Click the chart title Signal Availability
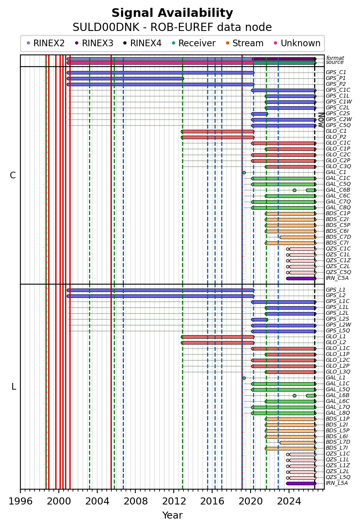point(172,13)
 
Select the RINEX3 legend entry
point(94,43)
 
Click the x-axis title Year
point(172,515)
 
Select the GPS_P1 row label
point(335,78)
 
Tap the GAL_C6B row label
point(338,190)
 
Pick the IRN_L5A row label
point(337,483)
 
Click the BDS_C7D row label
point(338,237)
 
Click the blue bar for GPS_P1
point(125,78)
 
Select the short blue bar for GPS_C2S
point(260,114)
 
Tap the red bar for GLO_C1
point(218,132)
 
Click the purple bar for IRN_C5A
point(301,278)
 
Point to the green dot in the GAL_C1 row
point(244,172)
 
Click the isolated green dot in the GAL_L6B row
point(295,396)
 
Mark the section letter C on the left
point(13,175)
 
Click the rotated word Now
point(321,120)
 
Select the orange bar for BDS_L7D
point(298,443)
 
